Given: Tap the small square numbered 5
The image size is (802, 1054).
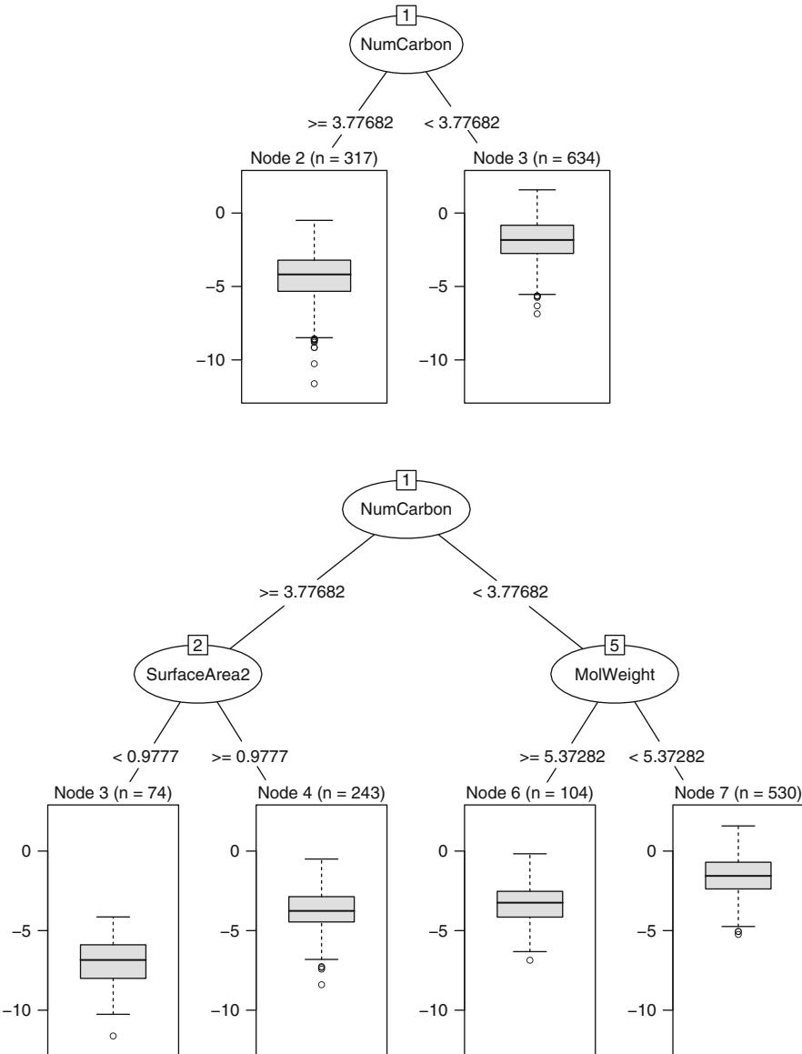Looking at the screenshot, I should coord(614,646).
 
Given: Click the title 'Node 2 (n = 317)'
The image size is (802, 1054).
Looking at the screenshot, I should coord(314,160).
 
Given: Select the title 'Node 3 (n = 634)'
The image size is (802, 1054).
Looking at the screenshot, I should coord(536,160).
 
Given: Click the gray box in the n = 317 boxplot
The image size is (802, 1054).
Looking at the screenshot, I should coord(315,276).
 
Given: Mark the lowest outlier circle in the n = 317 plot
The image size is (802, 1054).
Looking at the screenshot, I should coord(314,384).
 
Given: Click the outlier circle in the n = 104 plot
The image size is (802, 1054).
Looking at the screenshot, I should coord(529,960).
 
